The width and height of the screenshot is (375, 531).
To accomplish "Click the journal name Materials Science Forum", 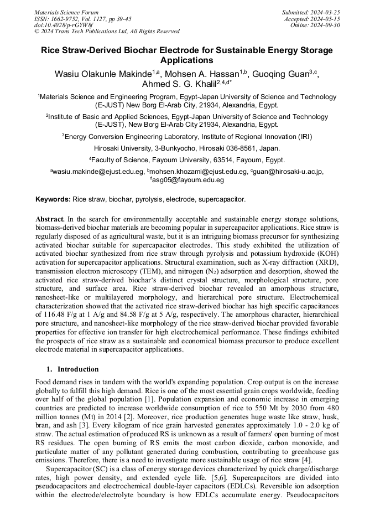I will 66,12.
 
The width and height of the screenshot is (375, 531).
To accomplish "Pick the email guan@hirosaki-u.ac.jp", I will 288,172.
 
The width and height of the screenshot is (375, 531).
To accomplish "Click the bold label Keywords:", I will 53,199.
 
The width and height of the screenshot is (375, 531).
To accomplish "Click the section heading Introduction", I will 78,369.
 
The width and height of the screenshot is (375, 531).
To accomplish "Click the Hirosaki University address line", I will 187,148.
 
